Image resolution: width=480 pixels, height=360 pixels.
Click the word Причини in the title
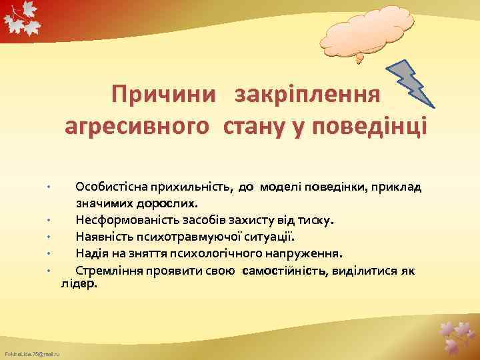click(164, 94)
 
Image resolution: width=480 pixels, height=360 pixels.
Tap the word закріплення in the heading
click(307, 94)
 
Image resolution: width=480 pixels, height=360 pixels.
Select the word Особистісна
click(111, 186)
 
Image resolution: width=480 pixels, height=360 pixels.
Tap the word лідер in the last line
click(79, 283)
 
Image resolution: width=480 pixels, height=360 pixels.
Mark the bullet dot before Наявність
click(50, 237)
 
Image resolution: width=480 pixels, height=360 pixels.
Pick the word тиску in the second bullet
click(319, 219)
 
